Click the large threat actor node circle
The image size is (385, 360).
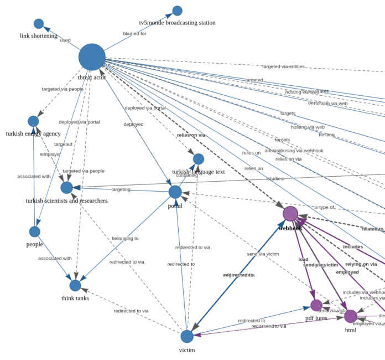point(92,57)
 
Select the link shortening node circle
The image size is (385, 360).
point(39,24)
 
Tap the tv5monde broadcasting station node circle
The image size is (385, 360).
point(177,11)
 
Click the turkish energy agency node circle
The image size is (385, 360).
point(33,121)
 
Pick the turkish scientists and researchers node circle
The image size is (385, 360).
point(66,188)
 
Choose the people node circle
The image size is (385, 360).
point(34,232)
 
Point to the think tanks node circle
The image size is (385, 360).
point(75,285)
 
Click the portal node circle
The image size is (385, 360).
point(175,192)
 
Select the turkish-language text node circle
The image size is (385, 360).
point(199,159)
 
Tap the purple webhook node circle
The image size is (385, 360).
point(290,214)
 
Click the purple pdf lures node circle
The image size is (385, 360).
point(316,305)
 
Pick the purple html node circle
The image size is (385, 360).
point(351,316)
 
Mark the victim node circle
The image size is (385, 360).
point(187,336)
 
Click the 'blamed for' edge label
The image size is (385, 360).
point(134,34)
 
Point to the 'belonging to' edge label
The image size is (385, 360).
point(125,239)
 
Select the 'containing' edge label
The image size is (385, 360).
point(187,176)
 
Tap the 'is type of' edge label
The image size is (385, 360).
point(324,207)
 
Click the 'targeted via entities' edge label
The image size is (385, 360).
point(283,66)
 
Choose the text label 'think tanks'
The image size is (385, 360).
point(75,299)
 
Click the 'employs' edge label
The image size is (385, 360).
point(50,155)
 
